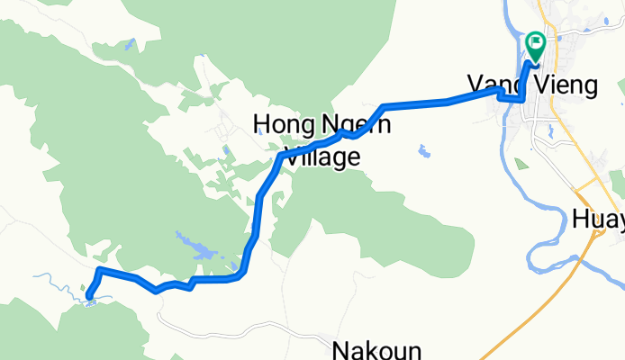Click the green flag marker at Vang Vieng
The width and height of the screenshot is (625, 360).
pos(536,41)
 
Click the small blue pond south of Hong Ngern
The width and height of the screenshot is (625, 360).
pos(422,150)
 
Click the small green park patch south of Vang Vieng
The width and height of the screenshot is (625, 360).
pos(520,165)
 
